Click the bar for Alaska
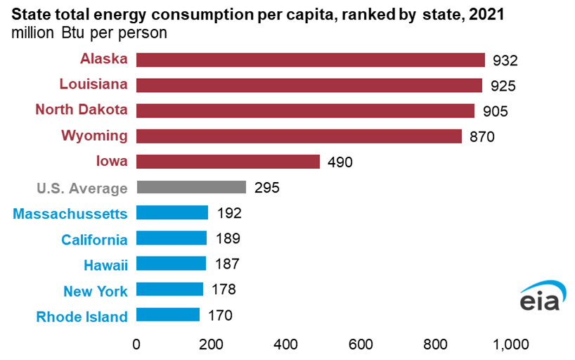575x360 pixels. (310, 60)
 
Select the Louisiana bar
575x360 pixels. (309, 85)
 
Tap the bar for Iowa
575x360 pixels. (228, 162)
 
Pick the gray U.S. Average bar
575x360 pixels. (190, 187)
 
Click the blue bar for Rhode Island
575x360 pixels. (167, 315)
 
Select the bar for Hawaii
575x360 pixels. (171, 264)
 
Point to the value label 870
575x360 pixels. (482, 137)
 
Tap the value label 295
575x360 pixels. (266, 188)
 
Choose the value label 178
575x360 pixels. (223, 290)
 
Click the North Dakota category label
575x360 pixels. (82, 110)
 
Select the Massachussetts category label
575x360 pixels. (70, 213)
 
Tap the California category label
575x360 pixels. (94, 239)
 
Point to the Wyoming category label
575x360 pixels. (94, 135)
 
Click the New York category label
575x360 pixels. (96, 290)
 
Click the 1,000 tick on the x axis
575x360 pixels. (510, 345)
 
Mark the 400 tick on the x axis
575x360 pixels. (286, 345)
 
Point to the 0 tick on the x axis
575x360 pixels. (136, 345)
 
